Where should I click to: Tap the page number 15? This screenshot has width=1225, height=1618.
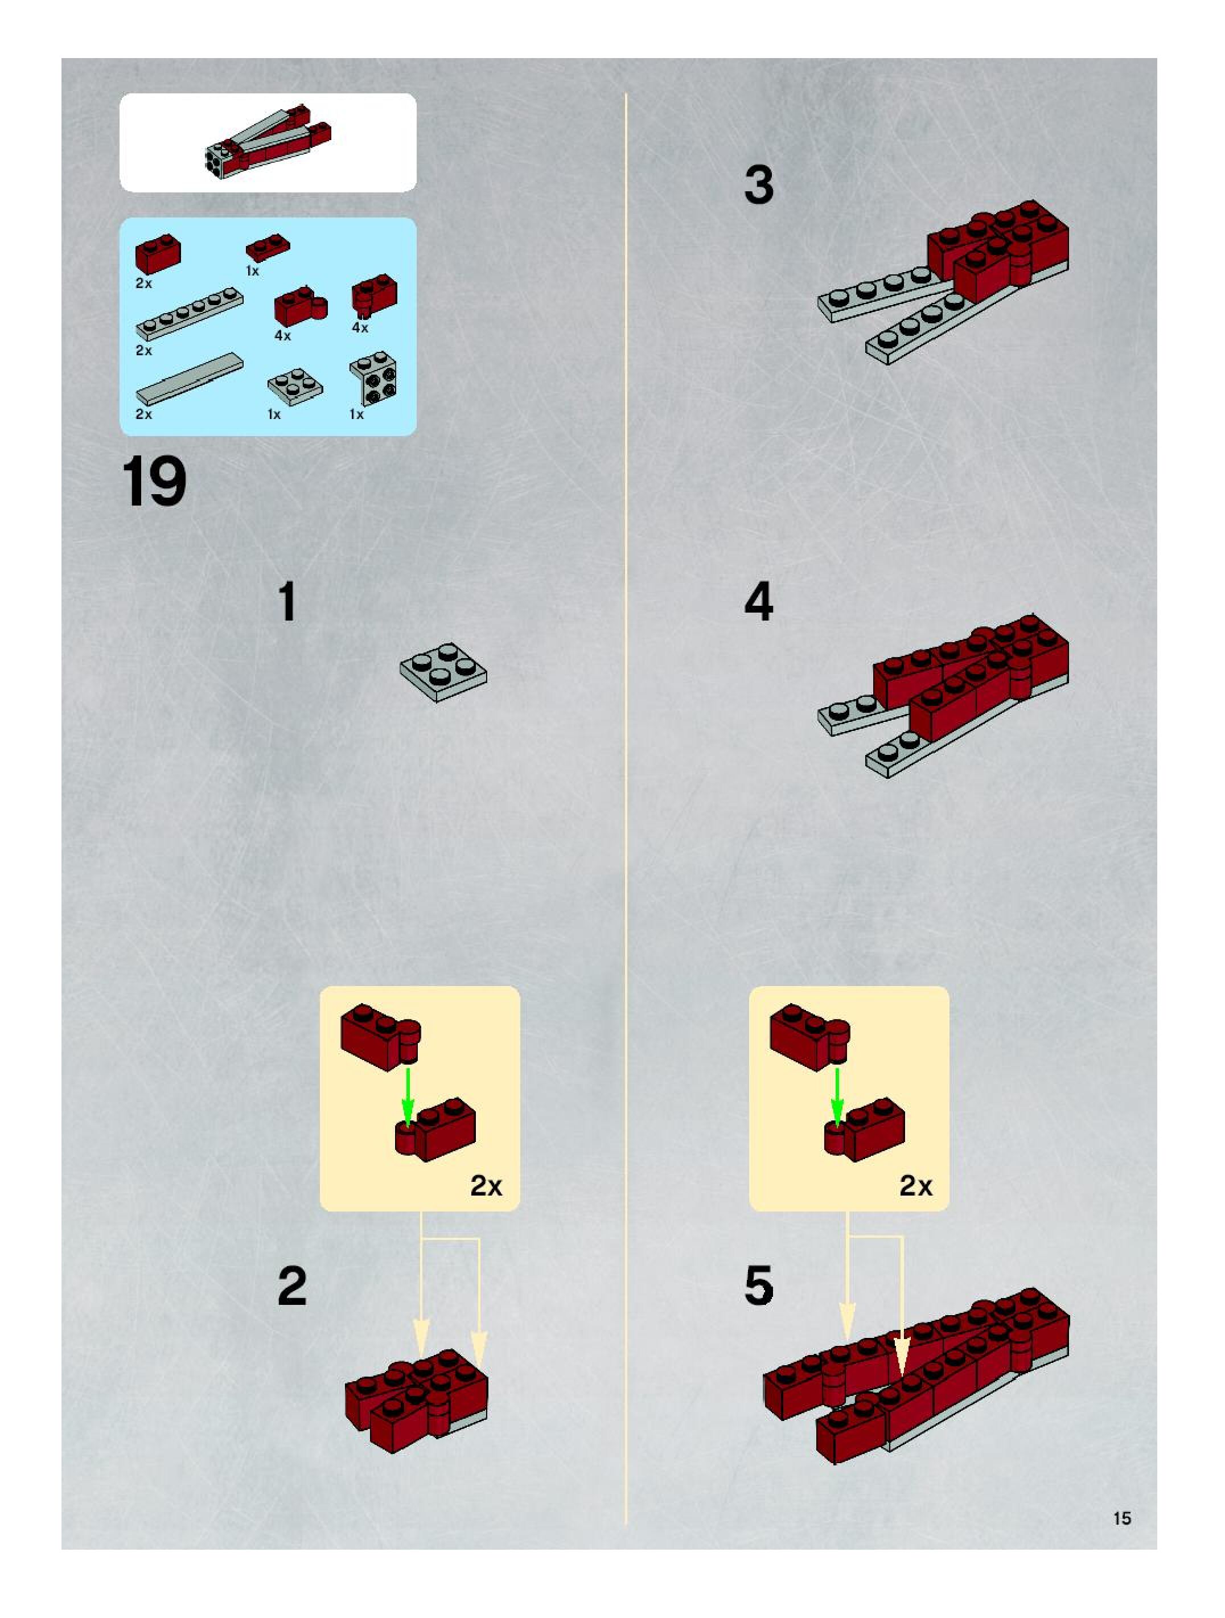(x=1122, y=1518)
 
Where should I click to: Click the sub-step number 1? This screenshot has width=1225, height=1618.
(x=288, y=602)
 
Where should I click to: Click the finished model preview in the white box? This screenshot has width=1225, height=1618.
(x=268, y=142)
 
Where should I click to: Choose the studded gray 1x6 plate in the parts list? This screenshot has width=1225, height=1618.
(x=190, y=314)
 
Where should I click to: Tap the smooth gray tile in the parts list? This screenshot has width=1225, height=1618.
(x=190, y=379)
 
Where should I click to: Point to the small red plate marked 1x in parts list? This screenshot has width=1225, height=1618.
(x=268, y=247)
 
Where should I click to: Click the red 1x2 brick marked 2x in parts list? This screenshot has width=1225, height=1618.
(x=158, y=254)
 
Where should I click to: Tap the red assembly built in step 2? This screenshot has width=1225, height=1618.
(x=416, y=1401)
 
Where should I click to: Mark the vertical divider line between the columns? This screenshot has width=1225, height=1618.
(x=626, y=808)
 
